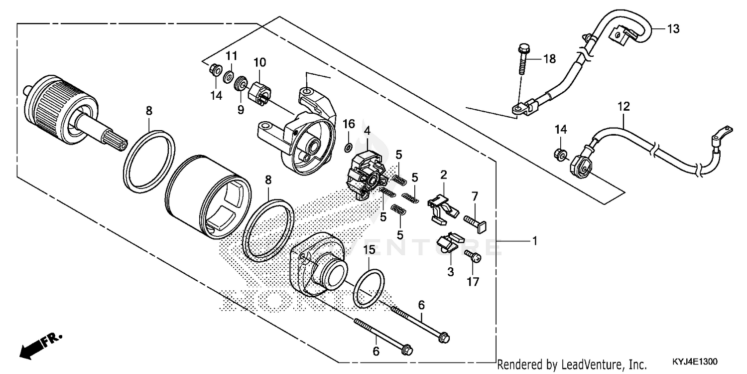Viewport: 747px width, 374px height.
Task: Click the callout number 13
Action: pos(673,29)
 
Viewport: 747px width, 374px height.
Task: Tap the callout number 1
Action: pos(534,241)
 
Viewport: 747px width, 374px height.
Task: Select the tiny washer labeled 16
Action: pos(349,147)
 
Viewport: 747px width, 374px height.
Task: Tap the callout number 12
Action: pos(623,106)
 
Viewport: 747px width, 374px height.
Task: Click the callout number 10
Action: pos(259,62)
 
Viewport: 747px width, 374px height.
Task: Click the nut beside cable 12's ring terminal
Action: pos(559,154)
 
